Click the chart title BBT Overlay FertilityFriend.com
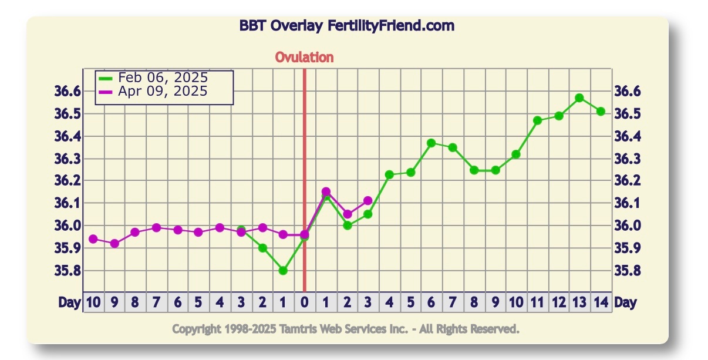pos(346,26)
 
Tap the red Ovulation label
pos(304,57)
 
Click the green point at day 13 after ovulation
pos(579,98)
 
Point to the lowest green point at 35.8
pos(283,271)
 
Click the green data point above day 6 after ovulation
pos(431,143)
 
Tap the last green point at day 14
pos(601,111)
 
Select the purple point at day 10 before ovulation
pos(93,239)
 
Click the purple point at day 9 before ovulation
pos(114,244)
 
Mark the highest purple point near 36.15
pos(326,191)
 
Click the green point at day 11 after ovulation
pos(537,120)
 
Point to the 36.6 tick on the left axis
pos(67,91)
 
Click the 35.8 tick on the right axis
pos(627,271)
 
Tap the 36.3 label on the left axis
pos(67,159)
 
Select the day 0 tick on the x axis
pos(304,302)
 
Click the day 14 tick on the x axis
pos(601,302)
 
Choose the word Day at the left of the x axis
pos(69,302)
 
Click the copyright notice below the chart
pos(346,329)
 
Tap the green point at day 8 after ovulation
pos(474,170)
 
